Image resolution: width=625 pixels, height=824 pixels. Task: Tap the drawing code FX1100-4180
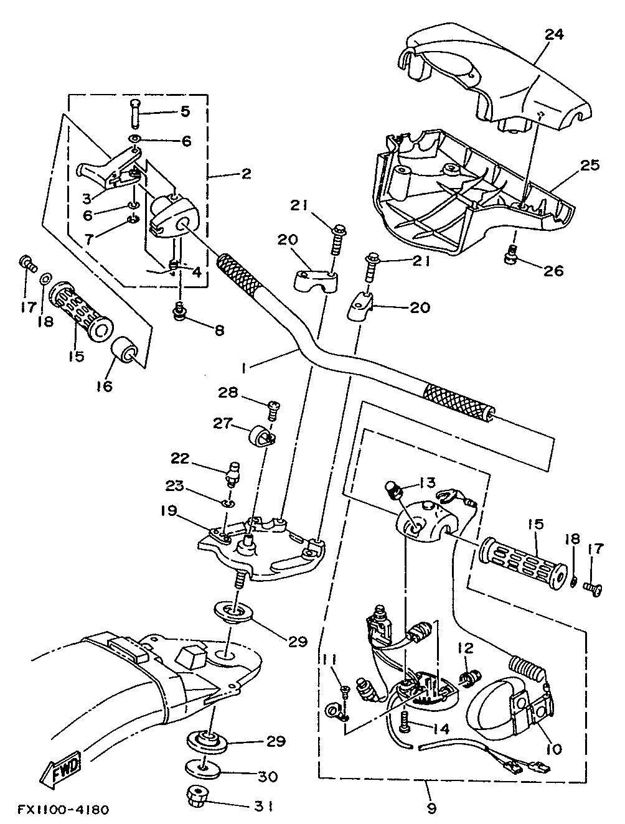(63, 807)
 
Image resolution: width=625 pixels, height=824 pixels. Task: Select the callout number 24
(554, 34)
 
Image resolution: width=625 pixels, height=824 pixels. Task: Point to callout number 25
(590, 165)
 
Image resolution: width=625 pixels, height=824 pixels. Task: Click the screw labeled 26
(510, 254)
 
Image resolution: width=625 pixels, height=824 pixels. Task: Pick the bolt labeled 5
(135, 114)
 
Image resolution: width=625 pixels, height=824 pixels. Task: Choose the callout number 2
(246, 174)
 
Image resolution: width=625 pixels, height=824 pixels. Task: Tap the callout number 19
(169, 512)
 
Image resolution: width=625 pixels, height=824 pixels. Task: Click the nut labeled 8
(179, 310)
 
